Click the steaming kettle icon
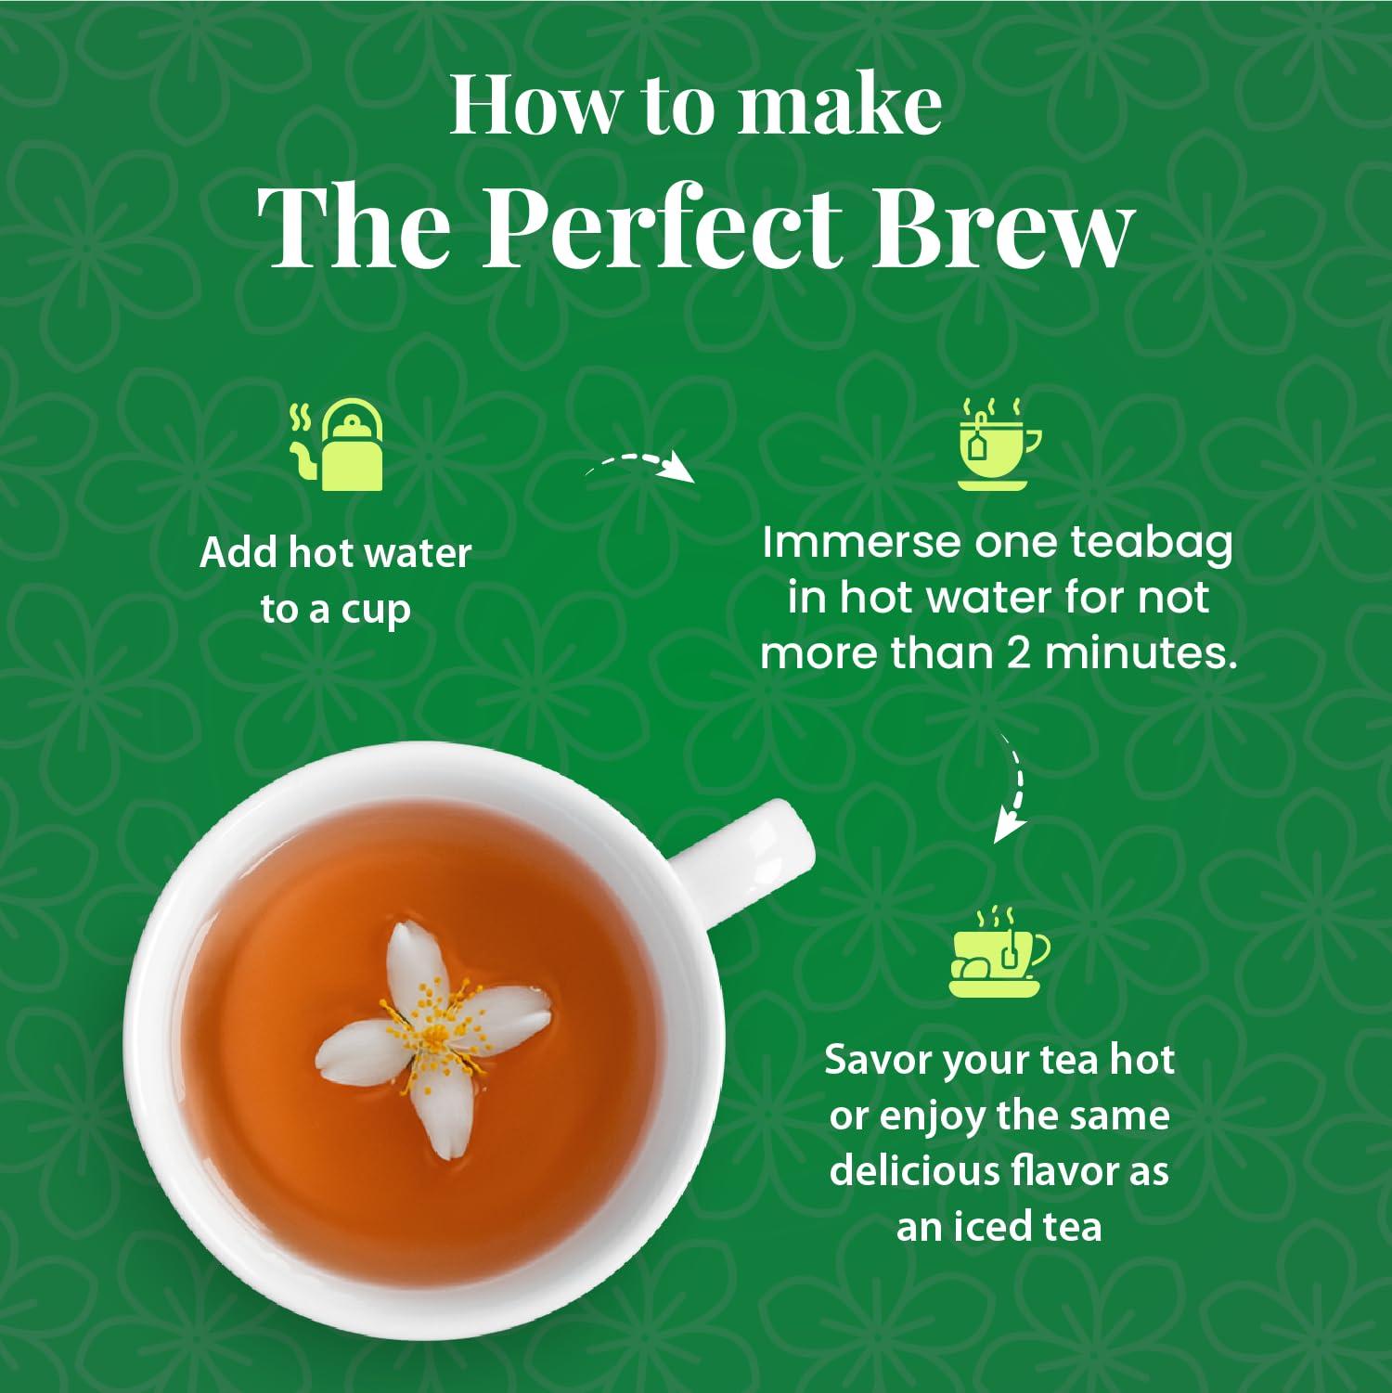[x=338, y=446]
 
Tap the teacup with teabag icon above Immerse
[x=999, y=445]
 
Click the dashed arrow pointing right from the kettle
[x=640, y=465]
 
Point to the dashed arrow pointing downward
[x=1011, y=787]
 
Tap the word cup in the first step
[x=376, y=612]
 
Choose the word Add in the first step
[x=238, y=554]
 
